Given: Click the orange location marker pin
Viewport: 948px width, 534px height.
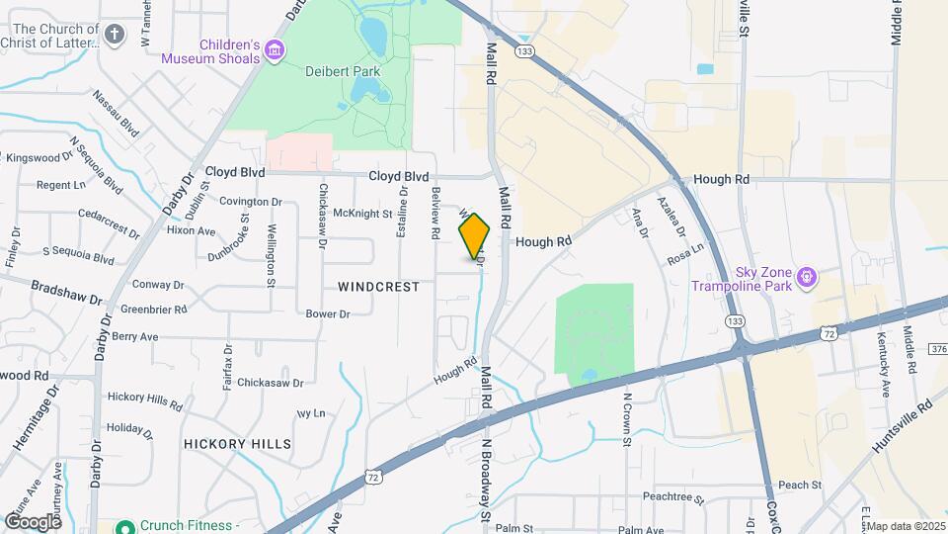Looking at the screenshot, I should point(474,235).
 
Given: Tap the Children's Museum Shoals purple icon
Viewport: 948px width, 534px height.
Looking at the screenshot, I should point(275,50).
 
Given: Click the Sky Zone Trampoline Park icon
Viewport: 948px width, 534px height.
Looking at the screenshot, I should point(808,277).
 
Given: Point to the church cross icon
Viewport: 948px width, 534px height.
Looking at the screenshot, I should point(115,36).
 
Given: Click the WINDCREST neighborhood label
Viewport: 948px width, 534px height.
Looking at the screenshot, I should point(378,287).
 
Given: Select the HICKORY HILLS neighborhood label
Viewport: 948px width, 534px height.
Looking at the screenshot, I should point(237,444).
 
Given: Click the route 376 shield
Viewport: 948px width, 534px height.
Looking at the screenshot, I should point(937,347).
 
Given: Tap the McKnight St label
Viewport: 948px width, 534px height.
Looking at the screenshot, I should point(363,214).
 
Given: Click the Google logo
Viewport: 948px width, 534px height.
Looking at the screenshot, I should point(32,521).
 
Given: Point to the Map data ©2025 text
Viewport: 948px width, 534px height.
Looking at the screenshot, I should point(905,526).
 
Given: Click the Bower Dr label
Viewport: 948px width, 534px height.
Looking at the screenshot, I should point(328,314).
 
